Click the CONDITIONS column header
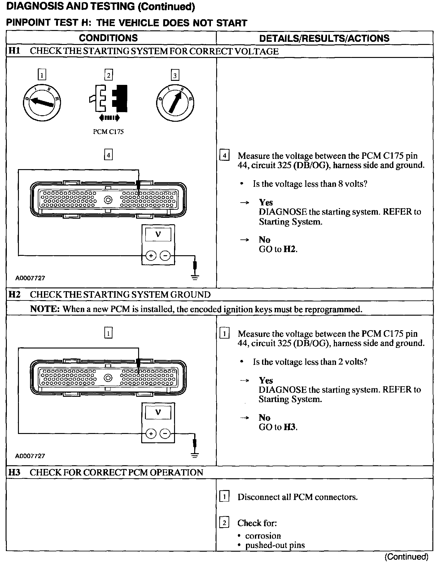tap(108, 38)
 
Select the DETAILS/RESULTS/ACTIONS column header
tap(324, 38)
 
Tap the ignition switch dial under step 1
tap(42, 102)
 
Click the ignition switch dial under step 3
tap(175, 102)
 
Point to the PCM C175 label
tap(108, 132)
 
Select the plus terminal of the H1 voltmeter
tap(151, 256)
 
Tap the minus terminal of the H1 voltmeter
tap(165, 256)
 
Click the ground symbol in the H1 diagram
tap(195, 277)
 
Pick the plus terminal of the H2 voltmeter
tap(151, 433)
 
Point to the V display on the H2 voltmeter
tap(158, 412)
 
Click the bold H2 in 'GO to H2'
tap(290, 249)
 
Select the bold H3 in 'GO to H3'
tap(290, 427)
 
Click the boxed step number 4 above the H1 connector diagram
tap(108, 155)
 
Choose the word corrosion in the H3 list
tap(263, 536)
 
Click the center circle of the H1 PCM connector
tap(108, 200)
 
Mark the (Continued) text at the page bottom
tap(406, 557)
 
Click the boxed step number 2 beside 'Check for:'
tap(224, 523)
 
